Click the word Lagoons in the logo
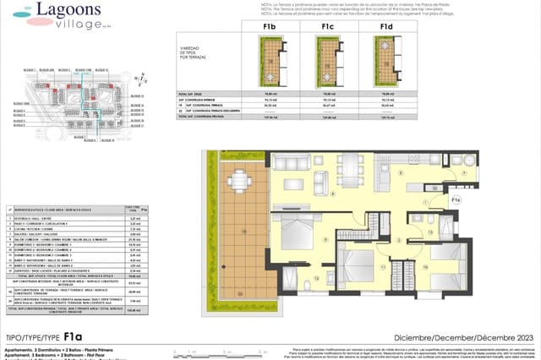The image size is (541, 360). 64,11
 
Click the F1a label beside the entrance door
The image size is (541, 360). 455,199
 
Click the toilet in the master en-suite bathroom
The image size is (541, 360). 315,279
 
